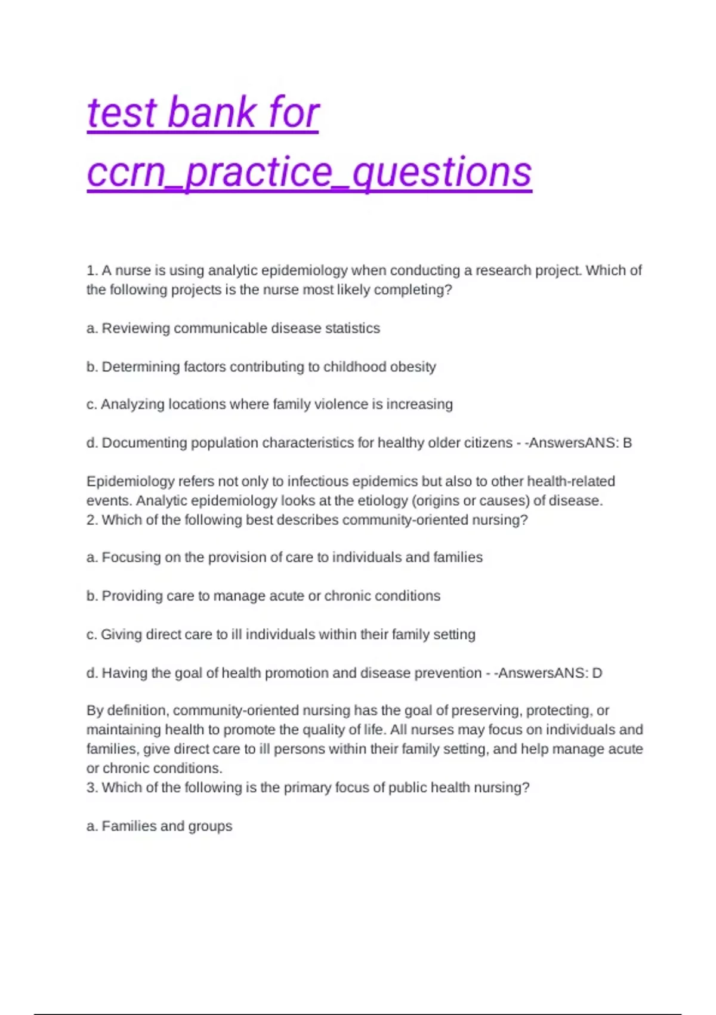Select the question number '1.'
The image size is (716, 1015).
92,270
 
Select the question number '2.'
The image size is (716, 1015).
92,520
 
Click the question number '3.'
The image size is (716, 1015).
92,788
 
